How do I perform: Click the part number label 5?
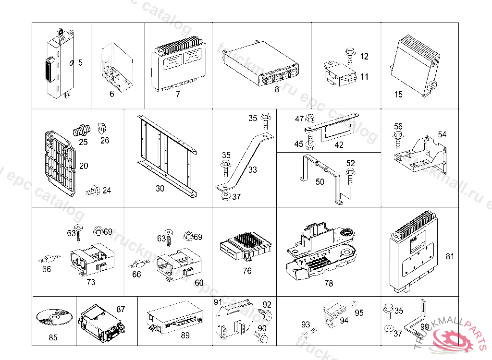[80, 62]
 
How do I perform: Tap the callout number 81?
[450, 256]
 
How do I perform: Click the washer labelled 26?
[102, 128]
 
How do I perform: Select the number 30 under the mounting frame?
[160, 189]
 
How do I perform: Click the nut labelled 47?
[310, 118]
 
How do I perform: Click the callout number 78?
[329, 283]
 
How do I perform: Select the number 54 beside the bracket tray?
[442, 134]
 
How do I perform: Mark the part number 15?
[398, 95]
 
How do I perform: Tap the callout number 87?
[121, 310]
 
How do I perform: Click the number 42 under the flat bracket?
[339, 144]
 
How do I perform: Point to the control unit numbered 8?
[259, 65]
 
